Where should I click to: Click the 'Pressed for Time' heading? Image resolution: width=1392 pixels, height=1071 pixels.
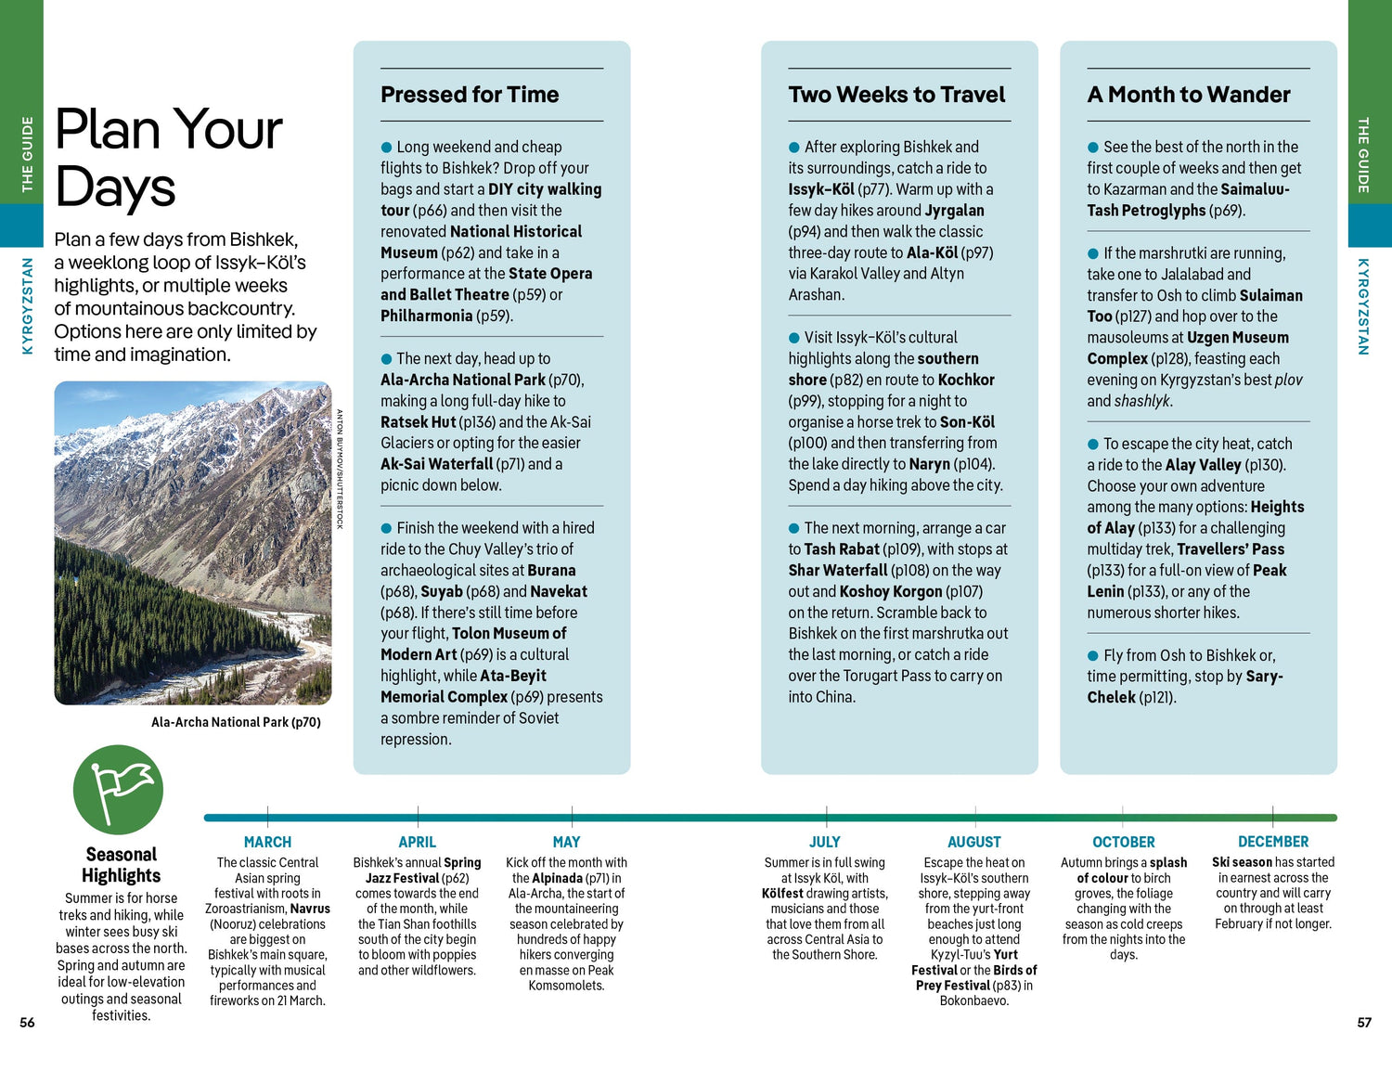[x=470, y=95]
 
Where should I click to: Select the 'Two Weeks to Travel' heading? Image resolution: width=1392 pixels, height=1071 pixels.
[x=896, y=95]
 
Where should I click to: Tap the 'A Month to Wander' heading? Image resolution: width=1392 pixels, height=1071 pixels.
[x=1189, y=95]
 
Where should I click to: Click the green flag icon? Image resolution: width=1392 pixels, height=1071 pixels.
[x=118, y=790]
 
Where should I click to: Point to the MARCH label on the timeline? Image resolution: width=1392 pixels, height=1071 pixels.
[x=267, y=842]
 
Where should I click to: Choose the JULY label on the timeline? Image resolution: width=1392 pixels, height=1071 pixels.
[x=824, y=842]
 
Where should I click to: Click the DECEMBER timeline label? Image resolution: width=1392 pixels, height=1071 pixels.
[x=1273, y=842]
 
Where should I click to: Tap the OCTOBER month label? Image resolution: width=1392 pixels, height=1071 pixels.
[x=1124, y=842]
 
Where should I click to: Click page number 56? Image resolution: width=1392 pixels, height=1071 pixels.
[x=27, y=1023]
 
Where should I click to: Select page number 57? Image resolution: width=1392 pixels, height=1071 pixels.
[x=1364, y=1023]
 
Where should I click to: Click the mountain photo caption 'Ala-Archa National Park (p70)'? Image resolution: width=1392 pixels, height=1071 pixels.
[x=236, y=722]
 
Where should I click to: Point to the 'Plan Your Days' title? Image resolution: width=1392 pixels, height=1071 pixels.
[x=168, y=157]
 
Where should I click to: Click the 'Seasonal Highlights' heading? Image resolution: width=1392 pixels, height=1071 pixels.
[x=121, y=865]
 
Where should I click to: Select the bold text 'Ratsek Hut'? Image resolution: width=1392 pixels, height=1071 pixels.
[x=418, y=422]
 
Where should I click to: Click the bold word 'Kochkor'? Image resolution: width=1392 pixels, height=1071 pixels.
[x=966, y=380]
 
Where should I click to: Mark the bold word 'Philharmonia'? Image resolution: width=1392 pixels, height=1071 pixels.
[x=426, y=316]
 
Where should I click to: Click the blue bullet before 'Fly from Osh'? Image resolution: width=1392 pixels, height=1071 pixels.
[x=1093, y=655]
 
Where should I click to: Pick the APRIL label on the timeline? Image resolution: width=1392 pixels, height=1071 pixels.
[x=417, y=842]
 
